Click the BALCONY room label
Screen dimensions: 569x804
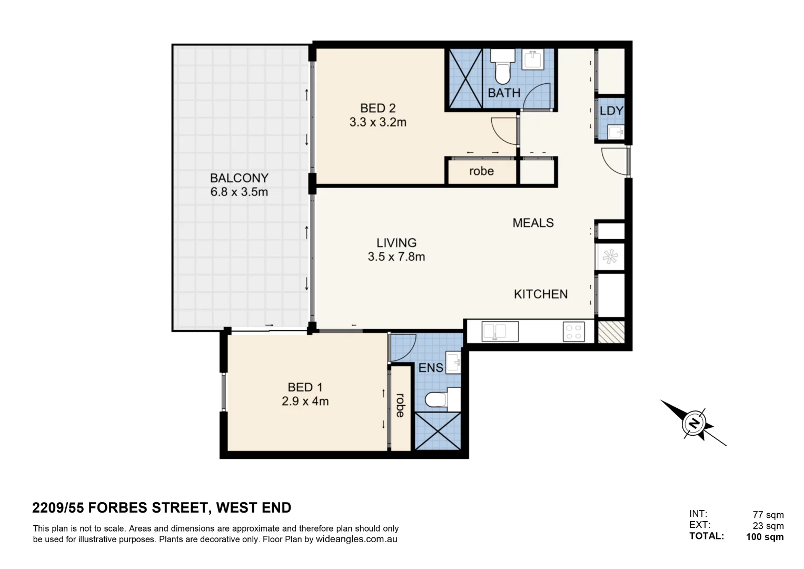tap(239, 178)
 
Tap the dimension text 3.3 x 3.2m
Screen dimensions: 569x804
tap(378, 122)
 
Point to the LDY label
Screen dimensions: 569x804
tap(611, 111)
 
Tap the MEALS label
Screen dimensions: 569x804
tap(533, 223)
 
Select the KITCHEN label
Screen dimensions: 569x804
tap(540, 294)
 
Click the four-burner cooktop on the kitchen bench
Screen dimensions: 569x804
tap(573, 332)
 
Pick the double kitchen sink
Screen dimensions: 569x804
tap(493, 332)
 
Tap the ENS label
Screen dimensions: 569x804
tap(430, 368)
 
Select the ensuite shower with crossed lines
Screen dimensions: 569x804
tap(438, 431)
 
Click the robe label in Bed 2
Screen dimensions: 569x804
tap(481, 171)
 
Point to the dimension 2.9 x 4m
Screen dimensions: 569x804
tap(305, 401)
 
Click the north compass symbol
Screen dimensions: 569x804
tap(694, 423)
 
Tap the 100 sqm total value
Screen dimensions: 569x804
tap(765, 537)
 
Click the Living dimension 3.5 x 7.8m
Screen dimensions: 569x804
tap(396, 257)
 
